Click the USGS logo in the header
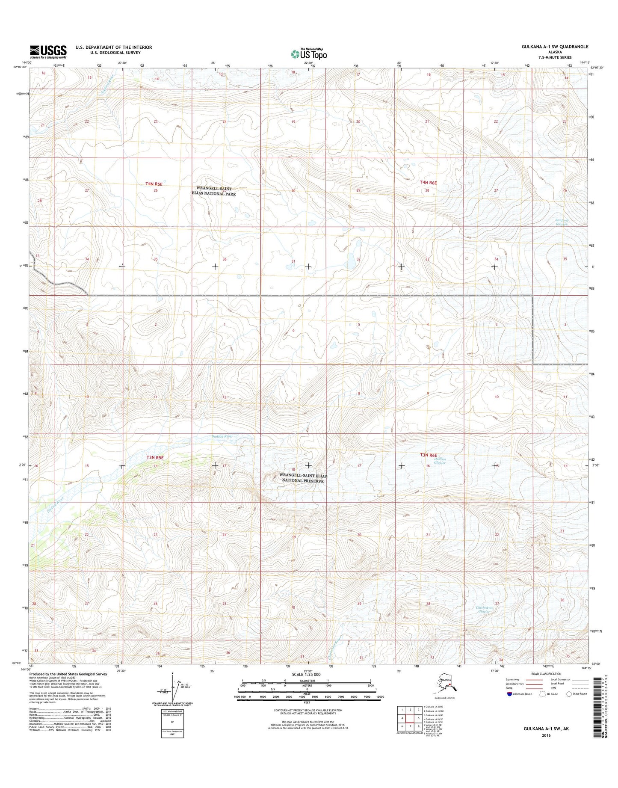click(48, 52)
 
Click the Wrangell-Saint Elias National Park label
click(216, 191)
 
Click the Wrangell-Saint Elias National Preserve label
click(301, 478)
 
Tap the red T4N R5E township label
click(154, 183)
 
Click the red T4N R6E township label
click(428, 183)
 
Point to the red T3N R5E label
click(155, 457)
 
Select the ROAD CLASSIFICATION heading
click(543, 685)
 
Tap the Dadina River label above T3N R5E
click(222, 437)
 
